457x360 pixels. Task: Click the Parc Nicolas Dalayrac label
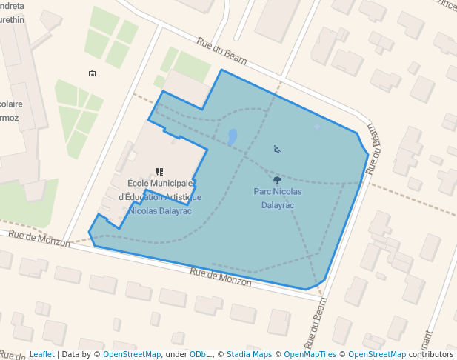click(x=277, y=198)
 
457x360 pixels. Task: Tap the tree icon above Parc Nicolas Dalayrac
click(x=277, y=180)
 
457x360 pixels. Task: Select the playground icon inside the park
click(x=277, y=150)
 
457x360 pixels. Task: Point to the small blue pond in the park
click(x=233, y=137)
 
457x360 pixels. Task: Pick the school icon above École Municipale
click(x=159, y=172)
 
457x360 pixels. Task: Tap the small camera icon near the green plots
click(x=92, y=73)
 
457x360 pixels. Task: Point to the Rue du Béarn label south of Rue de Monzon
click(x=316, y=326)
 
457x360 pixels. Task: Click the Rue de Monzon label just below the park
click(x=221, y=277)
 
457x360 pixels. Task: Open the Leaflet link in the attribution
click(x=41, y=354)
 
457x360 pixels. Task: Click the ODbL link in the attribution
click(x=201, y=354)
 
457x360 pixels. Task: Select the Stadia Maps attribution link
click(x=249, y=354)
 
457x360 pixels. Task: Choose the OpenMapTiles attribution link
click(x=310, y=354)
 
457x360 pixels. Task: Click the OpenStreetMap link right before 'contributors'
click(x=377, y=354)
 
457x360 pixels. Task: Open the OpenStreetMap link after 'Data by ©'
click(x=132, y=354)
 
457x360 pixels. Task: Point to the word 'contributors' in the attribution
click(x=431, y=354)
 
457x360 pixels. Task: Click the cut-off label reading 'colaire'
click(x=10, y=104)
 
